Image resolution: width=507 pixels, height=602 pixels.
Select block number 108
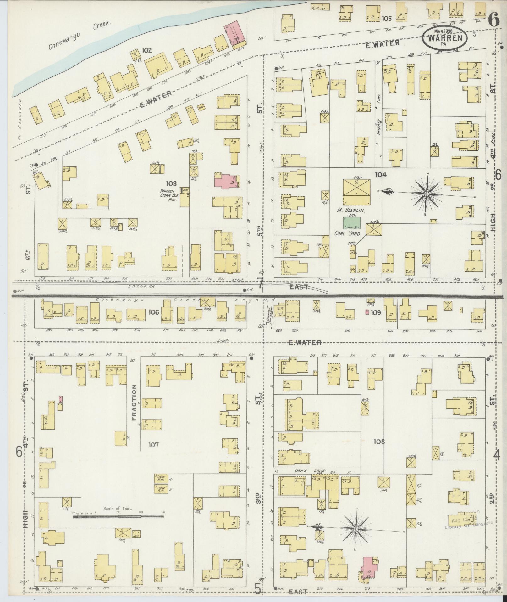379,442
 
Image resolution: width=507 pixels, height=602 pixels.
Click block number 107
154,445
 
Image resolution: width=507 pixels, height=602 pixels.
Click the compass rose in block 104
426,194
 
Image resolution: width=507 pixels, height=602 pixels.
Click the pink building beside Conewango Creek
235,34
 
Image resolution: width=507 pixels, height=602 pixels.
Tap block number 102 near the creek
146,50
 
